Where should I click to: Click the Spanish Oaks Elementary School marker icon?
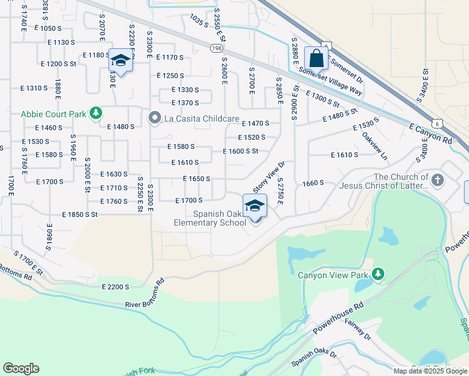[255, 206]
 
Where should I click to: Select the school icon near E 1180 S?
[120, 60]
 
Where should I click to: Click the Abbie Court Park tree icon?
[95, 113]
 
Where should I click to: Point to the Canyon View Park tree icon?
[377, 274]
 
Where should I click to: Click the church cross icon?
[438, 181]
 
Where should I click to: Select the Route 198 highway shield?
[217, 48]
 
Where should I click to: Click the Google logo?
[21, 368]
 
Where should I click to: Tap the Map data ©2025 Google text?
[430, 371]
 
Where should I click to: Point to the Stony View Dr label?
[269, 176]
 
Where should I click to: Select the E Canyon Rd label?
[430, 135]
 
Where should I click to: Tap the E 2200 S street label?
[115, 286]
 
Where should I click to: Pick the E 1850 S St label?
[80, 214]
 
